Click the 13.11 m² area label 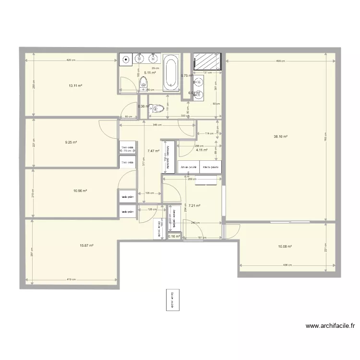[x=75, y=86]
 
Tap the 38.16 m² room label [x=280, y=137]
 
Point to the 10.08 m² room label [x=285, y=246]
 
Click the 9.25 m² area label [x=71, y=142]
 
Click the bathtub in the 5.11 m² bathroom [x=171, y=73]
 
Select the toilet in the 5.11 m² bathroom [x=144, y=85]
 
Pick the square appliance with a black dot [x=126, y=60]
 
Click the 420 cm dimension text [x=70, y=60]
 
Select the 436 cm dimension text [x=287, y=265]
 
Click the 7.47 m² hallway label [x=153, y=150]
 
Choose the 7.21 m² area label [x=194, y=205]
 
